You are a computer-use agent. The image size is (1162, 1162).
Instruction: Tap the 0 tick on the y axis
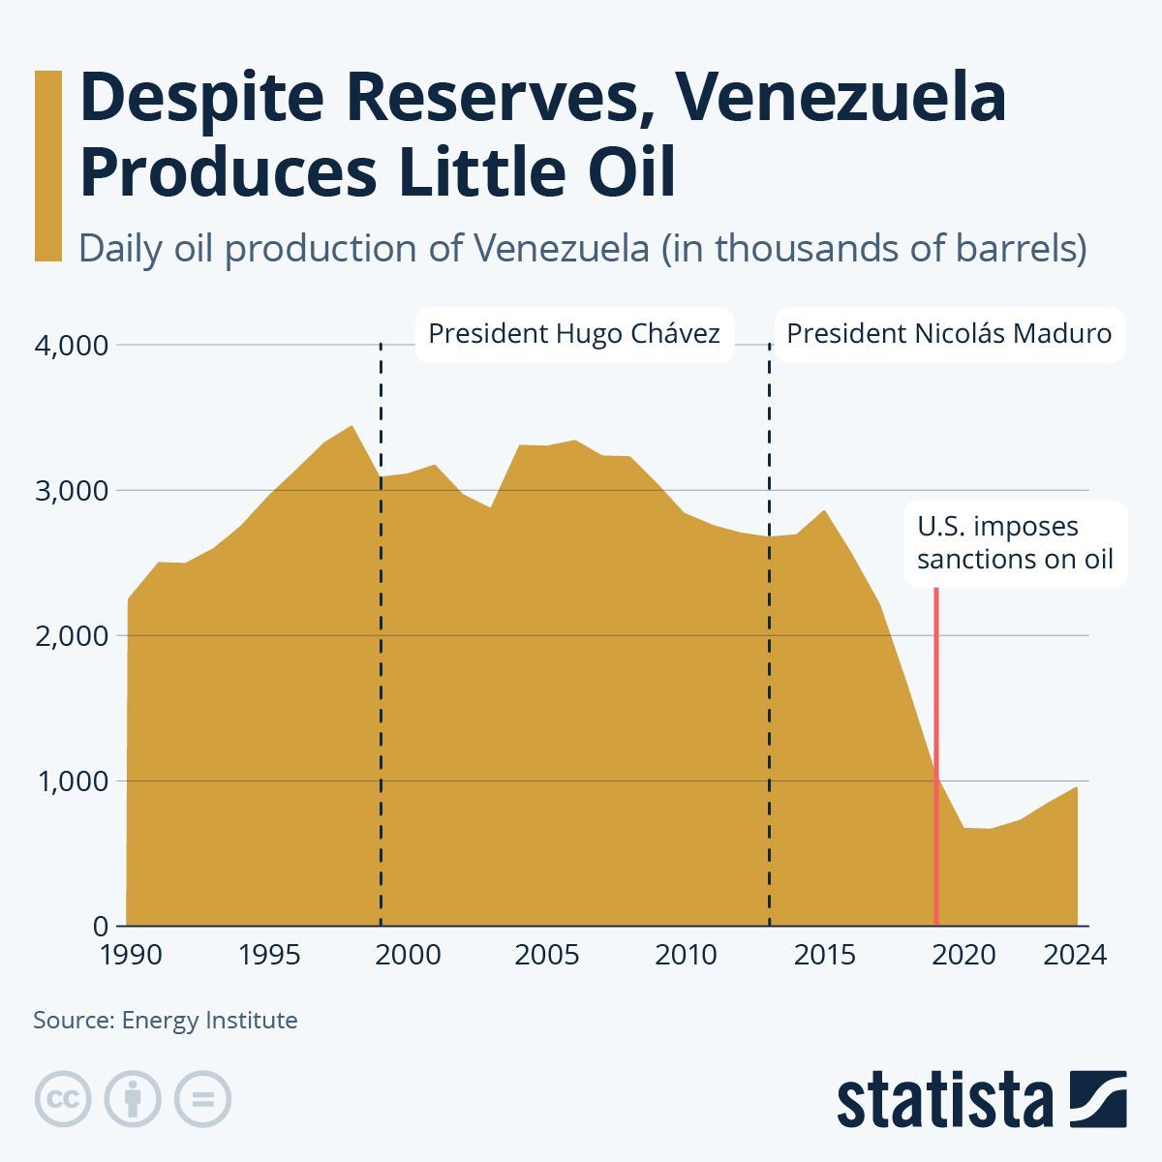point(101,927)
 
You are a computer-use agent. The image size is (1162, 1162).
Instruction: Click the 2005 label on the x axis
point(546,955)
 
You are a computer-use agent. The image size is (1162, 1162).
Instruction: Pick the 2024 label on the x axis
point(1074,955)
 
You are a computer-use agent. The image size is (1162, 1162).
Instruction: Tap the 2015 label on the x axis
point(825,955)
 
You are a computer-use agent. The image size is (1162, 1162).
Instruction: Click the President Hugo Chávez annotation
point(574,334)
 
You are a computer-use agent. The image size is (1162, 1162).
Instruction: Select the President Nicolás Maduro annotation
point(949,334)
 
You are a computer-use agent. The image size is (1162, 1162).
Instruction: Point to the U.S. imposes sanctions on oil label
point(1015,543)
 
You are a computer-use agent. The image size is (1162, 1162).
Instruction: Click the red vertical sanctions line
point(936,755)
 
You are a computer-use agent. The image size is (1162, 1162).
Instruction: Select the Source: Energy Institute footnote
point(166,1020)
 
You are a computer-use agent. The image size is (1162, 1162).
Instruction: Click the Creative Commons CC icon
point(63,1099)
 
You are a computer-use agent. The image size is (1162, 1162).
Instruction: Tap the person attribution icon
point(133,1099)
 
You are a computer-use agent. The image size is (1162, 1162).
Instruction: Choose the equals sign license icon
point(202,1099)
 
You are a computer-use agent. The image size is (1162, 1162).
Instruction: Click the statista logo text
point(944,1101)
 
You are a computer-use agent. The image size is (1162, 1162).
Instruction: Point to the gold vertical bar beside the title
point(47,166)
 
